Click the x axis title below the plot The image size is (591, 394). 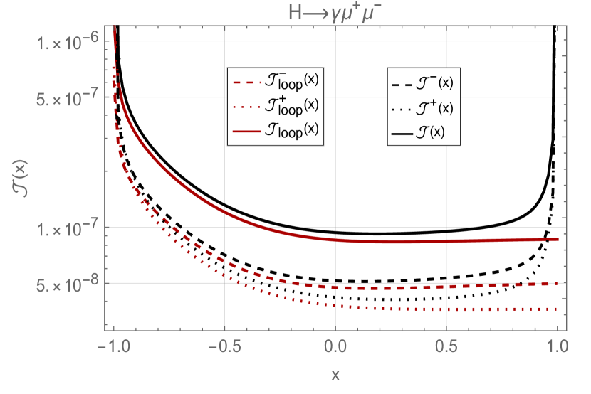pos(335,374)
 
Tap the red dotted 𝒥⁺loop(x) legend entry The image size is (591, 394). pos(274,106)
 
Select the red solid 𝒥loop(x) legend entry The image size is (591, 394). pos(274,131)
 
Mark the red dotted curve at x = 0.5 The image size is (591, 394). pos(446,309)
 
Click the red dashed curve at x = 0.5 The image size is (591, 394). pos(446,287)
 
